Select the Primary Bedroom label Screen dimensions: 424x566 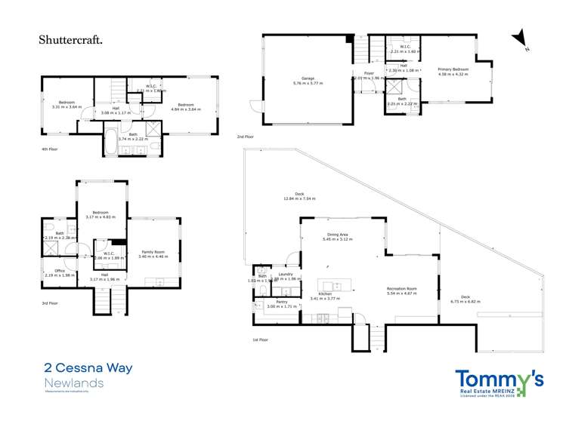[454, 69]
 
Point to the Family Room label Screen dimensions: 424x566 [153, 252]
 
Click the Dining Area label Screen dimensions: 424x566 [337, 235]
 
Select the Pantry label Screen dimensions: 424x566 [281, 302]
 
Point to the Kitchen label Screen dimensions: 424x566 [326, 293]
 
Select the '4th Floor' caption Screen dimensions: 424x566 [50, 149]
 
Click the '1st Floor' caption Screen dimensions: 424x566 [261, 340]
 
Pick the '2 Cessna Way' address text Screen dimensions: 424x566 [88, 369]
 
